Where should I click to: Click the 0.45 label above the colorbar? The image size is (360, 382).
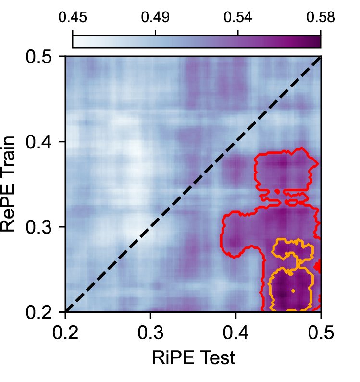(x=72, y=18)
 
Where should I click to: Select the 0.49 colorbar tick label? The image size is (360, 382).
(x=155, y=18)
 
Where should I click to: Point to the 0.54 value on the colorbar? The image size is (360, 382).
(x=238, y=18)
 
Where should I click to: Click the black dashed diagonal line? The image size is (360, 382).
(x=192, y=185)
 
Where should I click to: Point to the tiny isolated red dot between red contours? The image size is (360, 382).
(x=277, y=191)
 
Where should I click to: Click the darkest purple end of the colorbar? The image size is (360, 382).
(x=317, y=41)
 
